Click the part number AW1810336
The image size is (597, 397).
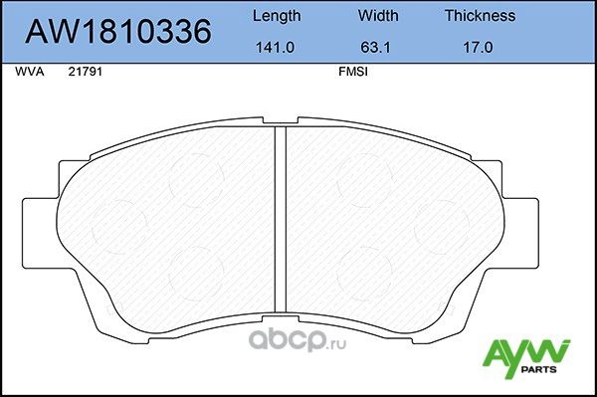pos(116,32)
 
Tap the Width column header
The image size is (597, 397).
pos(378,16)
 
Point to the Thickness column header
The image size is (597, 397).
pos(480,16)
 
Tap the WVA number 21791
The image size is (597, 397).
pos(84,73)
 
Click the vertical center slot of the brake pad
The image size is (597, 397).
pos(281,229)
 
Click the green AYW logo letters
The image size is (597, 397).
pos(526,352)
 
